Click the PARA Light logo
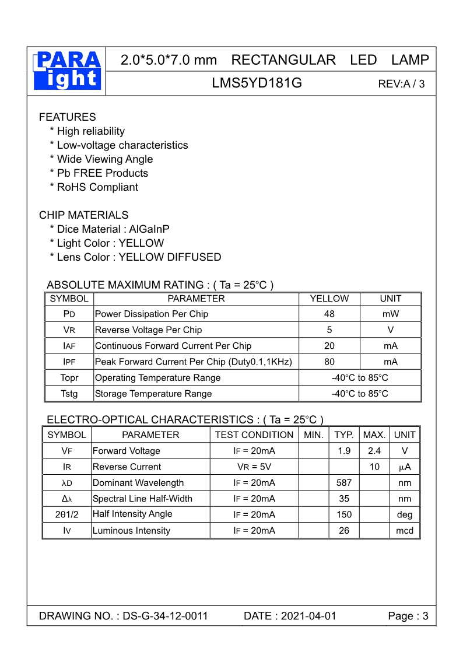click(67, 71)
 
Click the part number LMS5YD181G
click(257, 83)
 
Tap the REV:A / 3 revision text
click(401, 84)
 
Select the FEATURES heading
click(67, 117)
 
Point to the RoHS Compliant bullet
click(94, 187)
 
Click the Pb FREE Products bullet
click(99, 173)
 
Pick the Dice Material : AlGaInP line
click(110, 229)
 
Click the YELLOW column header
click(329, 299)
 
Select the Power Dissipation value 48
click(329, 314)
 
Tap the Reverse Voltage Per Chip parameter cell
click(148, 330)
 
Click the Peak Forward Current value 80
click(329, 362)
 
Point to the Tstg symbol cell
click(69, 394)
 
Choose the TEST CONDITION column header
click(254, 435)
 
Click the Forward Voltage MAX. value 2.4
click(374, 451)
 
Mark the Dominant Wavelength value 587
click(344, 483)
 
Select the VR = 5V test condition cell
click(254, 467)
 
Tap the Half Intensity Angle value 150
click(344, 514)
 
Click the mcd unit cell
click(405, 531)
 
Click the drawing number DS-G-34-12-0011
click(165, 617)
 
